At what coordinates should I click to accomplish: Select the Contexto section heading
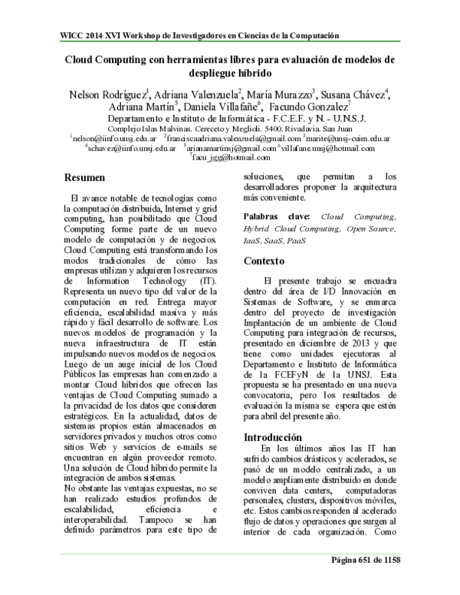[264, 261]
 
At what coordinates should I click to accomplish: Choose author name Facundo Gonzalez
[310, 107]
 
